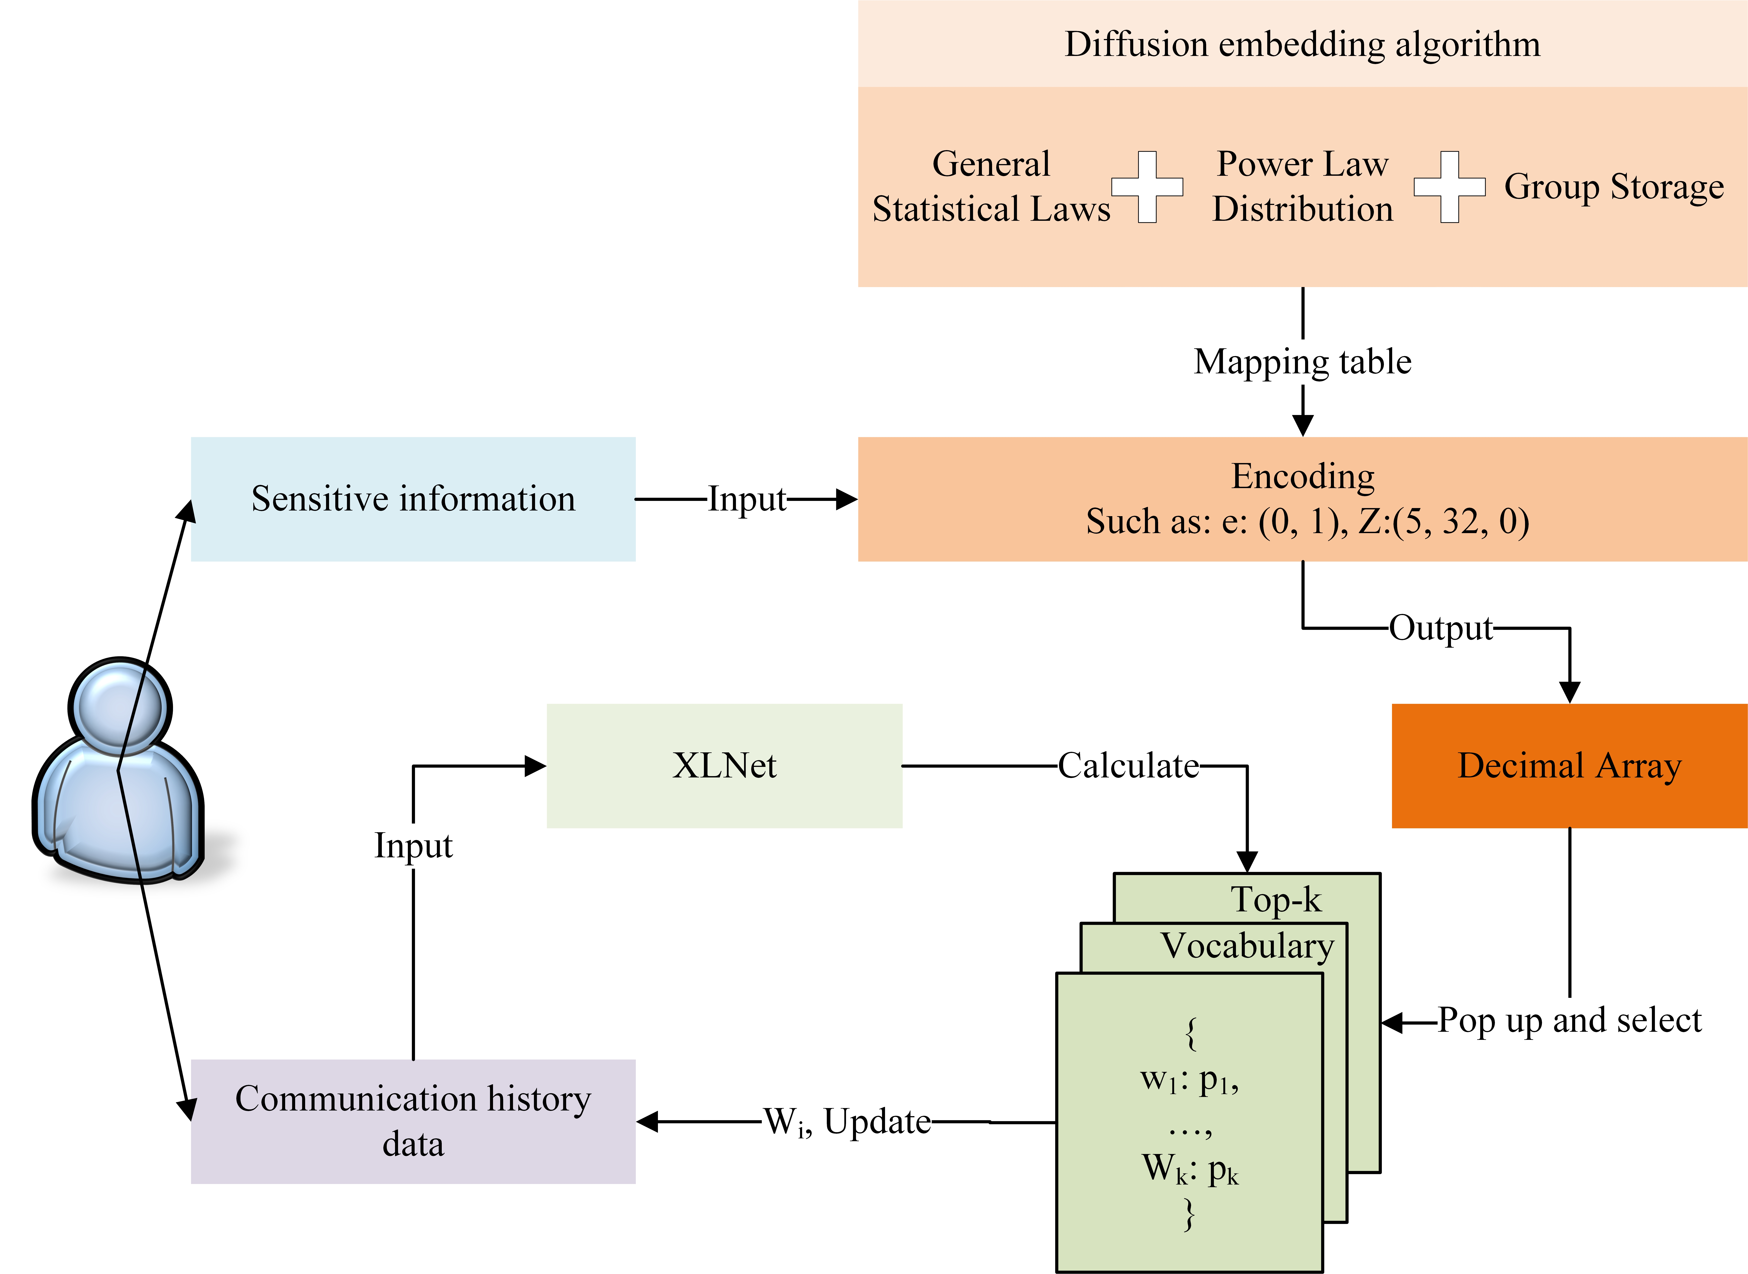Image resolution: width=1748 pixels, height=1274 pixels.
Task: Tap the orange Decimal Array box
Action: point(1569,766)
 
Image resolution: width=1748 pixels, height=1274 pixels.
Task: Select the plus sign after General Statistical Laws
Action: point(1147,187)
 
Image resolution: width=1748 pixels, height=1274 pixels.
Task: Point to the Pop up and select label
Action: point(1569,1020)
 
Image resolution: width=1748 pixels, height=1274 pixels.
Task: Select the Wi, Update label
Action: point(847,1122)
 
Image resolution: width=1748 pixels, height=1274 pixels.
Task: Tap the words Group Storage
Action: point(1614,187)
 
